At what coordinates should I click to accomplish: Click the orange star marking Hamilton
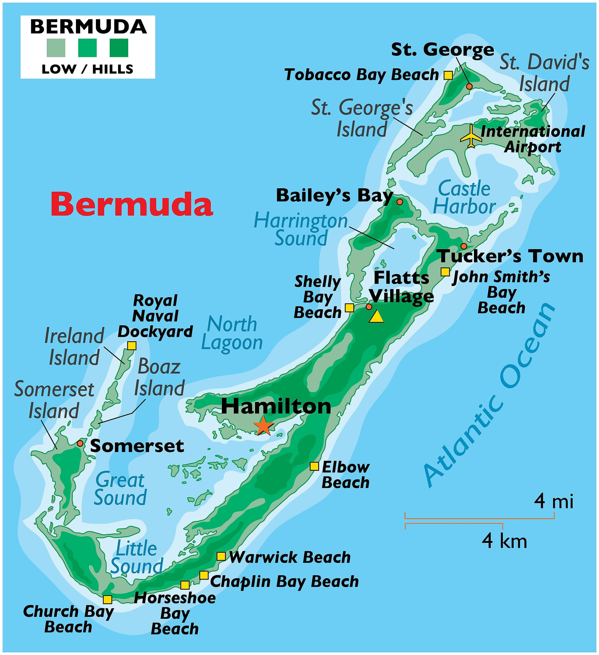click(264, 426)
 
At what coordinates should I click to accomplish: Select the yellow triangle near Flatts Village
click(376, 317)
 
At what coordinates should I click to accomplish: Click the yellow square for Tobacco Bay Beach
click(448, 75)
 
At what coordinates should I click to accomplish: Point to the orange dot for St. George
click(469, 86)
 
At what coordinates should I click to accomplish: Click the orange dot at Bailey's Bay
click(400, 202)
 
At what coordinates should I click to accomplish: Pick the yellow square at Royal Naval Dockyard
click(132, 345)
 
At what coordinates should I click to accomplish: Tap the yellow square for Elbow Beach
click(314, 466)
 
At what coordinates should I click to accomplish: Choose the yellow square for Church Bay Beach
click(107, 599)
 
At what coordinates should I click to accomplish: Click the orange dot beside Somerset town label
click(80, 443)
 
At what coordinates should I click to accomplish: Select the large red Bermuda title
click(132, 204)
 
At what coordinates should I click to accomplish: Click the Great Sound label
click(120, 489)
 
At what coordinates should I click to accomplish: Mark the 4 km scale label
click(504, 541)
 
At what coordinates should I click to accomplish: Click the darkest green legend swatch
click(119, 48)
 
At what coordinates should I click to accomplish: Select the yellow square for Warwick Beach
click(221, 556)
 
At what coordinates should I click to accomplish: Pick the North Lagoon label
click(232, 333)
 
